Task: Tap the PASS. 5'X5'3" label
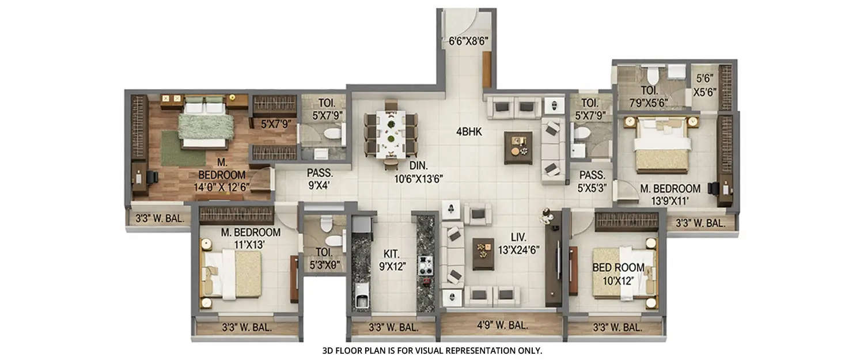click(x=592, y=180)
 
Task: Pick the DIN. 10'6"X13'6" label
click(x=419, y=172)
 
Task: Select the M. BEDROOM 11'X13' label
click(x=251, y=238)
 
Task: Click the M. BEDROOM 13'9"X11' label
click(x=670, y=195)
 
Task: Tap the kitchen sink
click(x=362, y=300)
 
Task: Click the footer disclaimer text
click(x=432, y=350)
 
